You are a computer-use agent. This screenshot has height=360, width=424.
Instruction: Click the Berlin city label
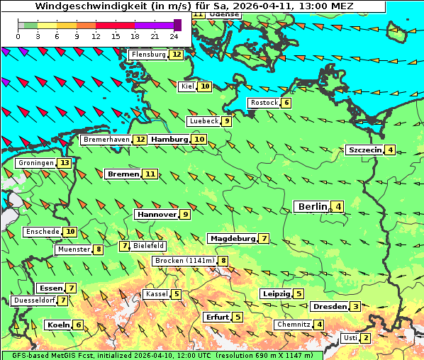coord(312,206)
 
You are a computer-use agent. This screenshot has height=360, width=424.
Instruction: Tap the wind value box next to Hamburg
coord(199,140)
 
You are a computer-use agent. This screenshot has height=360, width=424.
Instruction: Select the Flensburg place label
coord(148,55)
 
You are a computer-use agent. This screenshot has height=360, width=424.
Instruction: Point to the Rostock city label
coord(264,103)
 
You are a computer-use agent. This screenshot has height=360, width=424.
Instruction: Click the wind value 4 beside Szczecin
coord(391,150)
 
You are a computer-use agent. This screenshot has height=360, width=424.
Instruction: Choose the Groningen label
coord(36,163)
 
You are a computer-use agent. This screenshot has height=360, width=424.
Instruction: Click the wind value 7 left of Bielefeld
coord(125,246)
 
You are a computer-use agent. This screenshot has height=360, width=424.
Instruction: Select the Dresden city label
coord(330,307)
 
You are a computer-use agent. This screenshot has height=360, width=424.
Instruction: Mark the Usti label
coord(350,338)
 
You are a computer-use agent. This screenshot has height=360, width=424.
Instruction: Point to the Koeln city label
coord(57,325)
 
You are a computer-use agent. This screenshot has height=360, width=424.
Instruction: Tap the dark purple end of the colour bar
coord(177,25)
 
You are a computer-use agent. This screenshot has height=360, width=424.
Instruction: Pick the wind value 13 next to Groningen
coord(65,163)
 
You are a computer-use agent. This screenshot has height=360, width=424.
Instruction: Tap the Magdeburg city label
coord(233,238)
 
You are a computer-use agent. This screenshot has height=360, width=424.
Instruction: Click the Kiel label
coord(187,86)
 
